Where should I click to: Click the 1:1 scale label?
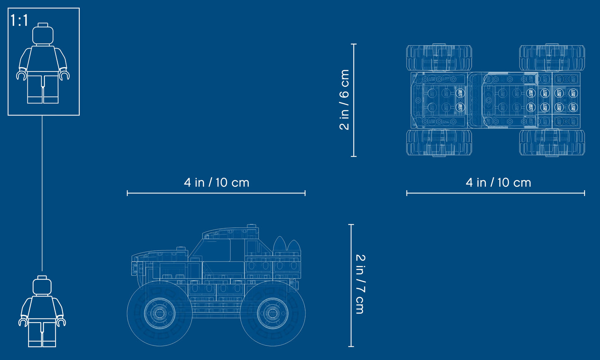(20, 20)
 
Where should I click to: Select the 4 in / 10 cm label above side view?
(216, 182)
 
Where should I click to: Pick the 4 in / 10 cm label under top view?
(498, 182)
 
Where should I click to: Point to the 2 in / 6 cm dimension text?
(345, 100)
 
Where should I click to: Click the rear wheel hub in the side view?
(272, 313)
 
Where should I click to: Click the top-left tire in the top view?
(439, 58)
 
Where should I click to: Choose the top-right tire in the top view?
(552, 58)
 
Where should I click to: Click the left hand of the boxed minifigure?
(21, 75)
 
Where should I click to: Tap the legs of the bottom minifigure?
(42, 334)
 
